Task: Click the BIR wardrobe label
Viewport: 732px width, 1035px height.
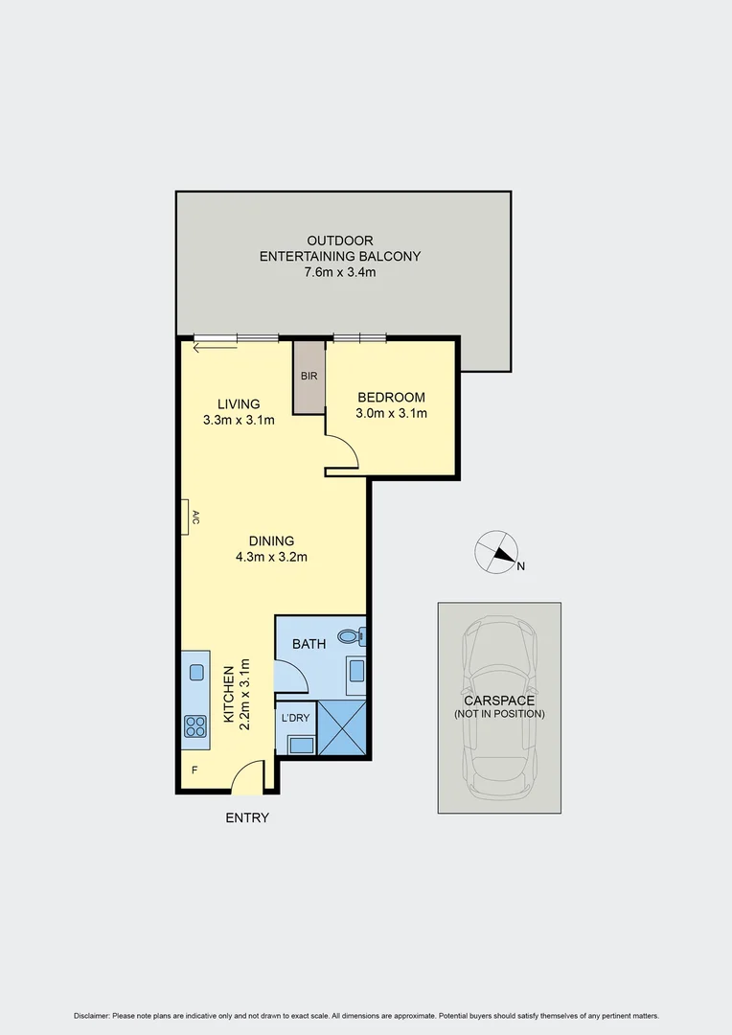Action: click(309, 376)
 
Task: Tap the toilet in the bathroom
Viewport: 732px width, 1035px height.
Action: click(356, 635)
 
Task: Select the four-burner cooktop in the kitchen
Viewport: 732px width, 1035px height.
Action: click(195, 726)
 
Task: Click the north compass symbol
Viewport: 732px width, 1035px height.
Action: click(496, 551)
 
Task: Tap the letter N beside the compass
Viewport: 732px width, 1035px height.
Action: click(521, 566)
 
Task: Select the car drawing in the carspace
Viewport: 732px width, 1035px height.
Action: click(499, 707)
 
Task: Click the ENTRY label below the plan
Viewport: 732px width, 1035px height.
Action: click(247, 817)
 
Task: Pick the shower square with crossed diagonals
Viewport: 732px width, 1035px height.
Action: click(342, 727)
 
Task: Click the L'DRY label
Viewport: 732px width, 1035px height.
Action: click(294, 716)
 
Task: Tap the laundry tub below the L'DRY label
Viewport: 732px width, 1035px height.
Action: click(299, 743)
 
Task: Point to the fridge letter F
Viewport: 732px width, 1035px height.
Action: click(194, 770)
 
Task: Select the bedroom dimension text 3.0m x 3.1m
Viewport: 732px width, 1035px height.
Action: click(391, 414)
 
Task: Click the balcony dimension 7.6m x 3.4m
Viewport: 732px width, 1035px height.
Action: click(340, 272)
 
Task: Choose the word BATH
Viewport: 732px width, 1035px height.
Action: click(309, 644)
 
